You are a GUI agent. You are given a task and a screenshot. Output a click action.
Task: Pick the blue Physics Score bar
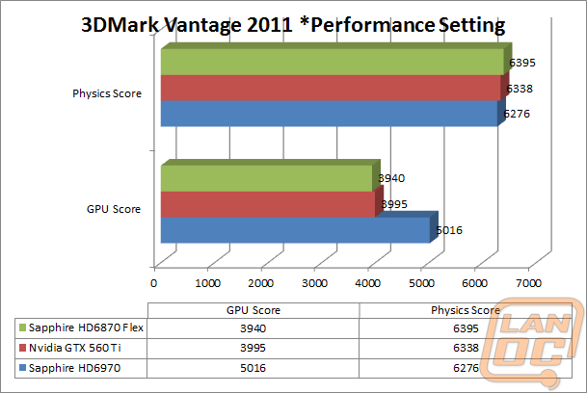coord(328,114)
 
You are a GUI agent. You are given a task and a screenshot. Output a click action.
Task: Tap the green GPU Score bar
coord(266,178)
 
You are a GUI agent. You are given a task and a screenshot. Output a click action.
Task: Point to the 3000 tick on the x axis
coord(314,283)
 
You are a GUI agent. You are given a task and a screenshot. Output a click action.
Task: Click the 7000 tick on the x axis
coord(526,283)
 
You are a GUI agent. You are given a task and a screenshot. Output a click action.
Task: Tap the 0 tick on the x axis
coord(154,283)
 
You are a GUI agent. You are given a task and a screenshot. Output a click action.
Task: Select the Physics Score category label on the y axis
coord(107,93)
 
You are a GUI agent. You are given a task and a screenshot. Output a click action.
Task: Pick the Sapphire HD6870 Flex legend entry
coord(79,327)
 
